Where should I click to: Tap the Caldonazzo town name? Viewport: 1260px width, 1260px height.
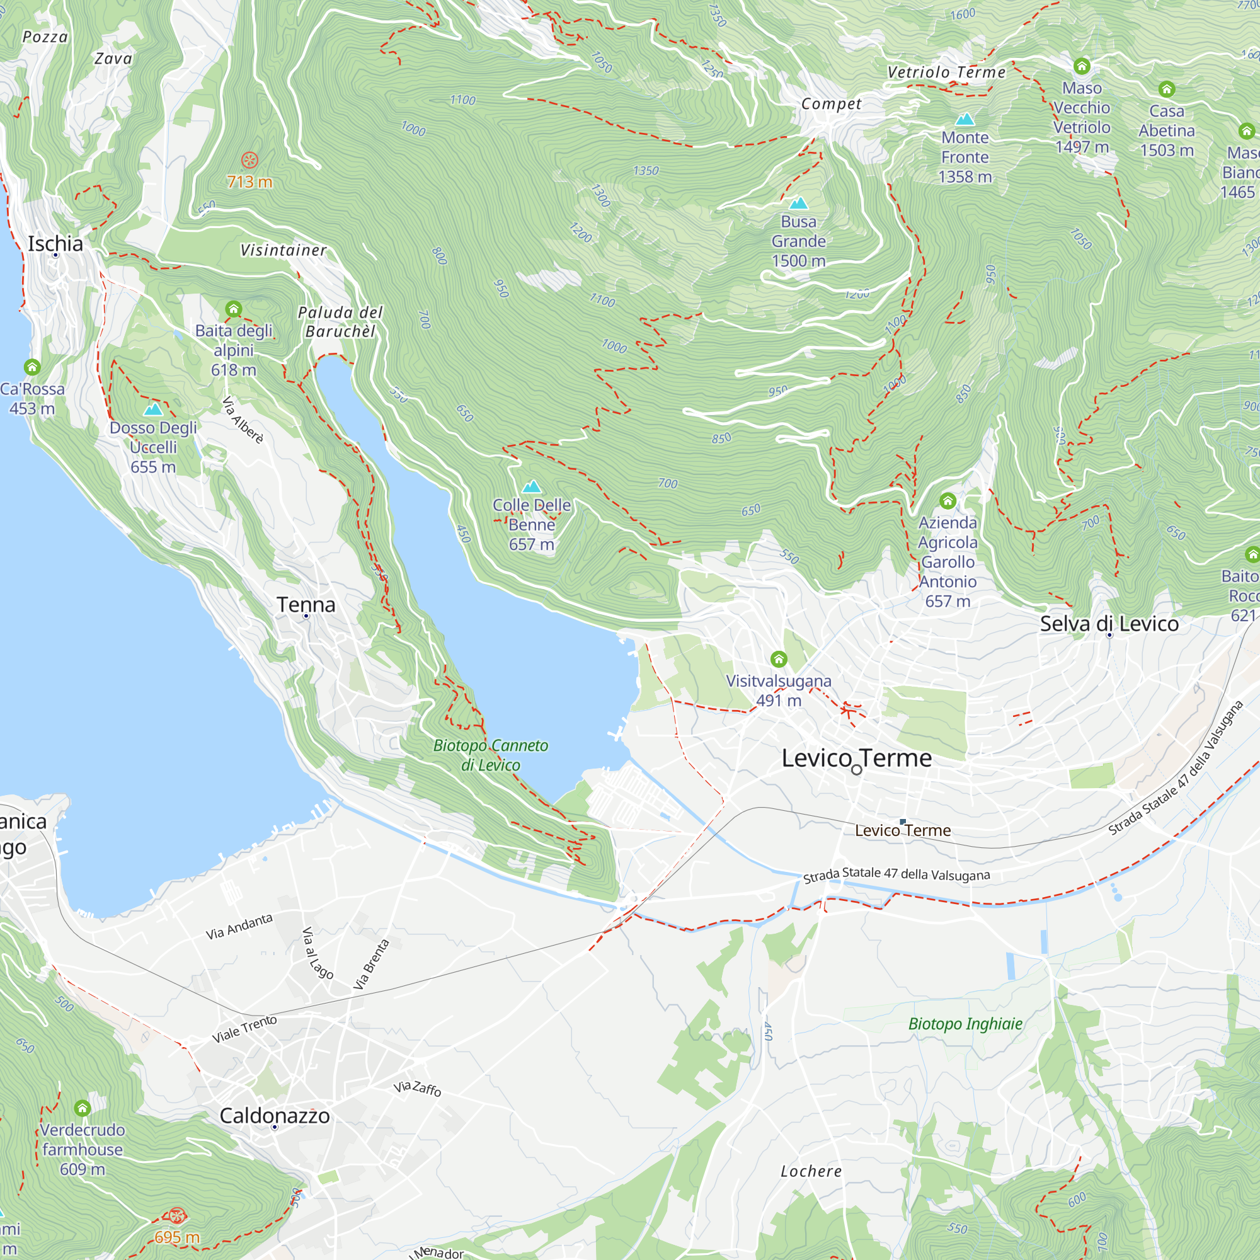click(275, 1115)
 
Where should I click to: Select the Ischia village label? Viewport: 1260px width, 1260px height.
click(55, 244)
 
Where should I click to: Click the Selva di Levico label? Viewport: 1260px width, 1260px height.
click(1109, 624)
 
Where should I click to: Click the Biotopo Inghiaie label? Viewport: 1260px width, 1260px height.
click(965, 1023)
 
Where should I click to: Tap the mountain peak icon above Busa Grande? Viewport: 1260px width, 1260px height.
click(798, 203)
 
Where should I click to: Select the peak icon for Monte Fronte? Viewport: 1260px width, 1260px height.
click(965, 118)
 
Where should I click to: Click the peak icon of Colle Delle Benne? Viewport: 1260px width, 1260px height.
click(532, 486)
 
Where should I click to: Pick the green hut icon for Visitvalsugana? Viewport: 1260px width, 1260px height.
click(779, 659)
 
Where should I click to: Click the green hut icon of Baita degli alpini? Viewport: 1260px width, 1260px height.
click(234, 309)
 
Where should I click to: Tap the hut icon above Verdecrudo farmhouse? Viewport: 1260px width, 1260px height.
click(82, 1108)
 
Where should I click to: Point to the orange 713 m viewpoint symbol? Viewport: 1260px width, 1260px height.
click(249, 160)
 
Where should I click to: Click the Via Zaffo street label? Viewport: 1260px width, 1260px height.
click(418, 1088)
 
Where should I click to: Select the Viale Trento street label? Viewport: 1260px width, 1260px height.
click(244, 1029)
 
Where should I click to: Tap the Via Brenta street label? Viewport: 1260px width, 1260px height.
click(371, 964)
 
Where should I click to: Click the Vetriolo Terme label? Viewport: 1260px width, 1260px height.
click(946, 72)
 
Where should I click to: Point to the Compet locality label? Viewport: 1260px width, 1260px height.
click(832, 104)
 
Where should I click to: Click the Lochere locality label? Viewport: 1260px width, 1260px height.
click(811, 1171)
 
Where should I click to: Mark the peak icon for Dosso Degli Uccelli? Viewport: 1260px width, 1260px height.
click(152, 409)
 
